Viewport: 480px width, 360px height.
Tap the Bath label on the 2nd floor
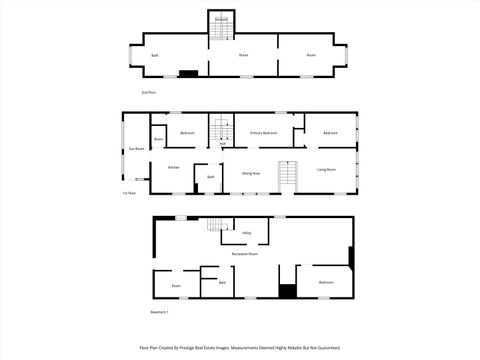(x=155, y=55)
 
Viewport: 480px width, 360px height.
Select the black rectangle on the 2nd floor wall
(x=187, y=72)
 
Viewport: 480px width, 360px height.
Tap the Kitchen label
(x=173, y=167)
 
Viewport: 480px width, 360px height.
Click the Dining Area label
(x=251, y=173)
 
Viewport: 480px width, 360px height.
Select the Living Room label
(x=326, y=170)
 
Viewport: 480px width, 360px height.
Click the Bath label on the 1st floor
(x=211, y=177)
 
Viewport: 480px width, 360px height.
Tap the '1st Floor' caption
(x=128, y=193)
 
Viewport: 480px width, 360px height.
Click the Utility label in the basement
(x=246, y=233)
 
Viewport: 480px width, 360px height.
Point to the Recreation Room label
(x=245, y=254)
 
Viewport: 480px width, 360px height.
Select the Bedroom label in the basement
(x=326, y=282)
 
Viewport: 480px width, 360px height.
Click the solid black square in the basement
(x=287, y=291)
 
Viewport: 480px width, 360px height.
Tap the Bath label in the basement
(x=222, y=283)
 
